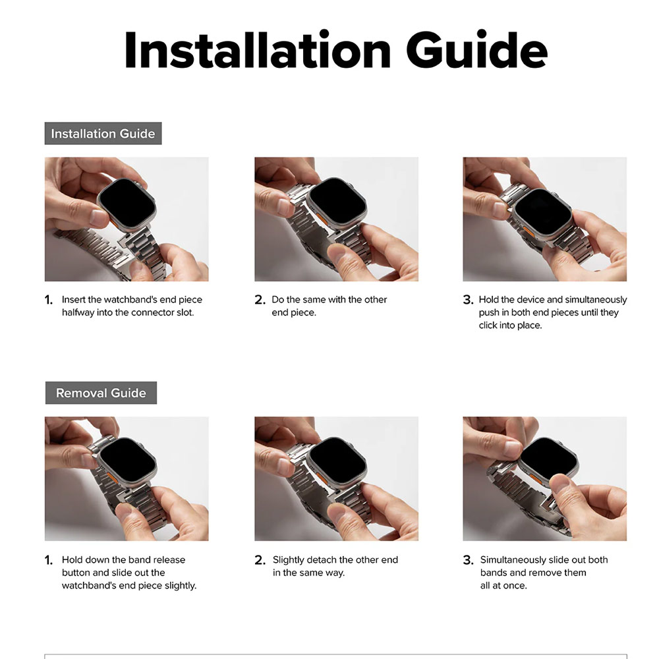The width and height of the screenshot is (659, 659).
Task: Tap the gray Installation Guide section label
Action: click(103, 134)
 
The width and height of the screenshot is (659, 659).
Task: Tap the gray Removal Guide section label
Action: click(101, 393)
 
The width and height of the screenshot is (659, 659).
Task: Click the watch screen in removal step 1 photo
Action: click(128, 459)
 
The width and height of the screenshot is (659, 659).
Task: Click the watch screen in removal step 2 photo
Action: click(338, 461)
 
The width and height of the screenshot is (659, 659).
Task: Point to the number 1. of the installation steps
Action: click(49, 300)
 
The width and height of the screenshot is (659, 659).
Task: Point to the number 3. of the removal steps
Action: click(468, 560)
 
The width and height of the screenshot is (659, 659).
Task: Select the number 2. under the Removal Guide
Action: click(260, 560)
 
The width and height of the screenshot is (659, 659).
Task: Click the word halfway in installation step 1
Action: click(78, 312)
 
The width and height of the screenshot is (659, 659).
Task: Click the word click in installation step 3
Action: click(490, 326)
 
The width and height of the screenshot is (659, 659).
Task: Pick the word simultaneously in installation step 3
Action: click(587, 300)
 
